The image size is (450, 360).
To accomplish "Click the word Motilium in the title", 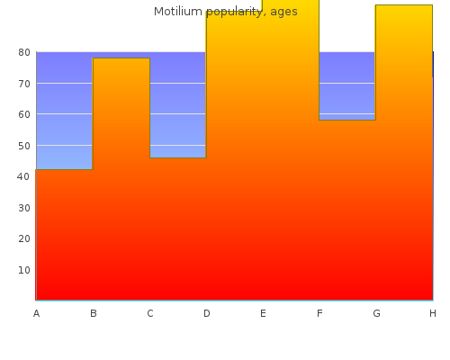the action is tap(178, 12).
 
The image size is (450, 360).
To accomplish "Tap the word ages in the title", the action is tap(283, 13).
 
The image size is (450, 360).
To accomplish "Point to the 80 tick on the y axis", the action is tap(24, 52).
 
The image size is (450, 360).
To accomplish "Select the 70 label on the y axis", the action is tap(24, 84).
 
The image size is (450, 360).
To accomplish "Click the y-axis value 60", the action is tap(24, 114).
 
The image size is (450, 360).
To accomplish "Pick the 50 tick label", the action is tap(24, 146).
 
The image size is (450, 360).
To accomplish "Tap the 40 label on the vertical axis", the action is tap(23, 176).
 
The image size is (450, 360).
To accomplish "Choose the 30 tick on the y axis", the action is tap(24, 208).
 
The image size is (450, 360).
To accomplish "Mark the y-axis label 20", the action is tap(24, 238).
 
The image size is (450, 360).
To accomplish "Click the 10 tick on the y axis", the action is tap(24, 270).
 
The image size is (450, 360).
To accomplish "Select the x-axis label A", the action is tap(36, 313).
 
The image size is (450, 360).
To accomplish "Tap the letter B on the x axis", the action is tap(94, 313).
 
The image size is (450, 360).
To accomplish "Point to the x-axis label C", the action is tap(150, 313).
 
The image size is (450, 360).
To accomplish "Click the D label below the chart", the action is tap(207, 313).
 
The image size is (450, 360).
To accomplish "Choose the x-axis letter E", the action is tap(263, 313).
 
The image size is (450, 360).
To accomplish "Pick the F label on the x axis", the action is tap(319, 313).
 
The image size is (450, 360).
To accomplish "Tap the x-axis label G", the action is tap(376, 313).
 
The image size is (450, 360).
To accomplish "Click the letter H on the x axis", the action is tap(433, 313).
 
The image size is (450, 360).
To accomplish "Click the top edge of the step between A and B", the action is tap(65, 169).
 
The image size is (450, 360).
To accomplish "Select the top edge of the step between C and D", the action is tap(178, 157).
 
